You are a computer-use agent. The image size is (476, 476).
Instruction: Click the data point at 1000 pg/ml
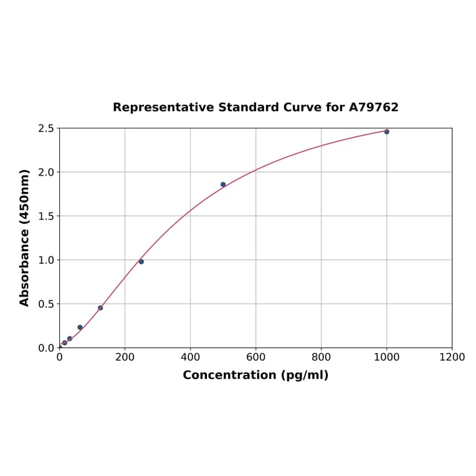point(386,131)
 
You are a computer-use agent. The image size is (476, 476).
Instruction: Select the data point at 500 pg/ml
point(223,184)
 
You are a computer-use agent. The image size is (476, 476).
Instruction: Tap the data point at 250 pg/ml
point(141,262)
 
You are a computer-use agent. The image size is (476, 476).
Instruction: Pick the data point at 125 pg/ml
point(100,308)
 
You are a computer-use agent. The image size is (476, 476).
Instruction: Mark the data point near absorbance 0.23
point(80,327)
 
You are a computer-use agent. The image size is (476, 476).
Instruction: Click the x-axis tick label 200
point(125,357)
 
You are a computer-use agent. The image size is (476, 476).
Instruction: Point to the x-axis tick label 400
point(190,357)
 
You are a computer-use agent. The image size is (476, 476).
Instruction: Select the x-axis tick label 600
point(255,357)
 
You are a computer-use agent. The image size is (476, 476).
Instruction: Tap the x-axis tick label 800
point(321,357)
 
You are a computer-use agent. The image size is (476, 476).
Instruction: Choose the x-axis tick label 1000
point(386,357)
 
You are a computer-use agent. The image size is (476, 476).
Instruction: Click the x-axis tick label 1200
point(452,357)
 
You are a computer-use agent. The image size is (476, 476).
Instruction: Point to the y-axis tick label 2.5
point(45,128)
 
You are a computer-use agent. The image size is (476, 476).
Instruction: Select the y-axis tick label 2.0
point(45,172)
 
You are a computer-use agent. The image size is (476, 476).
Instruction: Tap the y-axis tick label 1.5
point(45,216)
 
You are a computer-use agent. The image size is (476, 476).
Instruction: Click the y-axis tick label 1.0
point(45,260)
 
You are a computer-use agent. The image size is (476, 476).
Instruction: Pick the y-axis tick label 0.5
point(45,304)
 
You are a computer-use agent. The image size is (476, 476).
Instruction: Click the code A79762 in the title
point(373,107)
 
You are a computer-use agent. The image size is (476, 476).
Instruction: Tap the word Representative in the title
point(163,107)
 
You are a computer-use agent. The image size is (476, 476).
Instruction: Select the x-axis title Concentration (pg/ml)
point(255,375)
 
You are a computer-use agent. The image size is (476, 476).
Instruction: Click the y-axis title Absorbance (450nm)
point(25,237)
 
